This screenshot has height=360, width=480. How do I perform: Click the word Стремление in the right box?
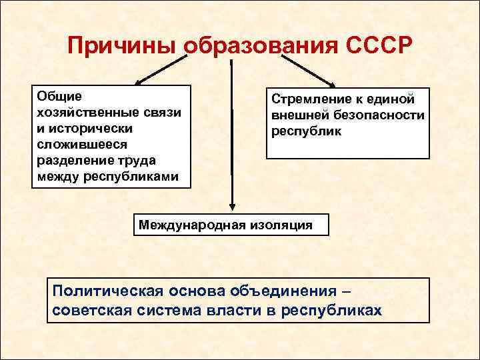pos(309,99)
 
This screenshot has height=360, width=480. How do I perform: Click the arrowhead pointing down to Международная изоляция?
pos(232,206)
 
